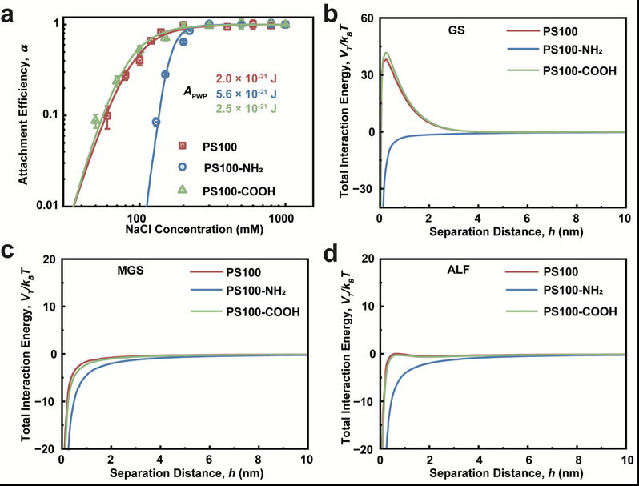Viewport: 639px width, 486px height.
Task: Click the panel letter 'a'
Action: tap(11, 11)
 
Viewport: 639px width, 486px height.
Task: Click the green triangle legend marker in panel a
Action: tap(183, 188)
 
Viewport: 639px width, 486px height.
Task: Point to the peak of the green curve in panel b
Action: tap(386, 53)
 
